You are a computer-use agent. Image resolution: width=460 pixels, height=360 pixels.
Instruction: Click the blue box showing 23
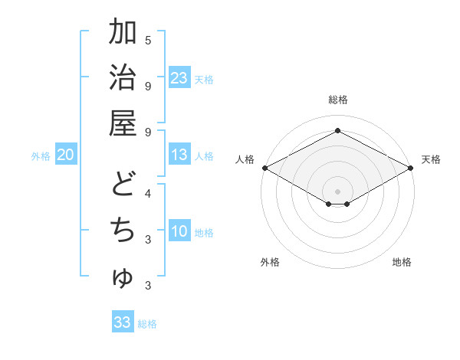pos(179,77)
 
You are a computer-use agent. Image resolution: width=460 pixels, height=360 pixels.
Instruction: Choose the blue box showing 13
pos(179,155)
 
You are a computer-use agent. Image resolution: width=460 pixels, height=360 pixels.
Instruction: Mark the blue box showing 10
pos(179,231)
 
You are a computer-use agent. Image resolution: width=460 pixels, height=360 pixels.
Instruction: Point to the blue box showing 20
pos(65,155)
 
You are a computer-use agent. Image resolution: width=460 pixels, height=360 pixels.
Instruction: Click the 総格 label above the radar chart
pos(337,100)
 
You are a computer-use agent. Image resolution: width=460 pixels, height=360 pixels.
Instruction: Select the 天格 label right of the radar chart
pos(431,159)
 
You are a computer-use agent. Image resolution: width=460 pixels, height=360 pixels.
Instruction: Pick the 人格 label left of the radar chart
pos(245,159)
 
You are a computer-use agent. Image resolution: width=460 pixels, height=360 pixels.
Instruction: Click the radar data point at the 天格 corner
pos(412,168)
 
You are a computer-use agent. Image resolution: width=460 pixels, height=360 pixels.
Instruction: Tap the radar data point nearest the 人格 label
pos(264,168)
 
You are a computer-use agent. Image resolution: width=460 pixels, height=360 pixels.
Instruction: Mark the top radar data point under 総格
pos(337,131)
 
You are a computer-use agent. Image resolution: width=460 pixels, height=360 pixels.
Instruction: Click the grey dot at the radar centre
pos(337,191)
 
